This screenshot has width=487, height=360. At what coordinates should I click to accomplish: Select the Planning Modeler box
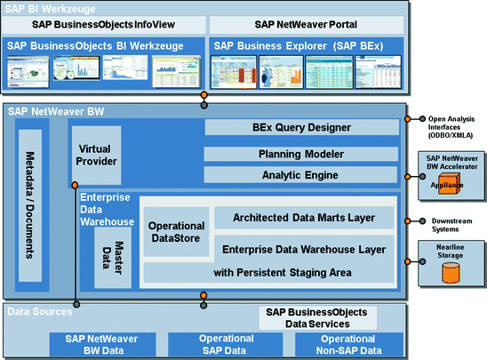301,153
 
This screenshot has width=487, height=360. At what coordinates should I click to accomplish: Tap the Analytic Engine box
301,175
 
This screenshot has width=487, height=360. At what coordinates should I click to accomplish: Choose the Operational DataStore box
176,232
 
